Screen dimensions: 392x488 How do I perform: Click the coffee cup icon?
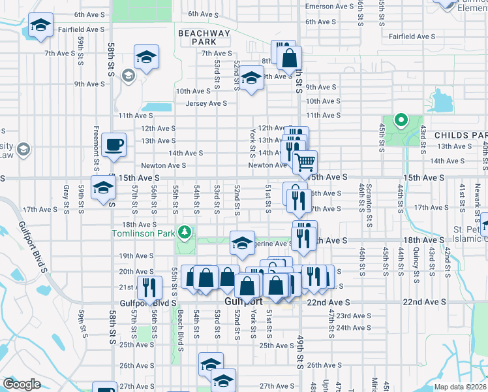[x=115, y=144]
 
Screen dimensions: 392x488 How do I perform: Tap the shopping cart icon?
[x=305, y=161]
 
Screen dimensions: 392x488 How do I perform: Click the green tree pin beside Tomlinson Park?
[x=185, y=232]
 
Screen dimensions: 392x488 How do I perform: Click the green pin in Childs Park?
[x=401, y=120]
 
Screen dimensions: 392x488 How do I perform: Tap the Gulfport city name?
[x=243, y=302]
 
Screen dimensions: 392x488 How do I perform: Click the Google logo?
[x=22, y=384]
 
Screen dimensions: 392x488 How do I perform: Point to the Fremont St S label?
[x=97, y=146]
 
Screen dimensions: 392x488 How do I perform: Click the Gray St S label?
[x=66, y=199]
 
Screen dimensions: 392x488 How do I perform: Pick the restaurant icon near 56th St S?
[x=149, y=288]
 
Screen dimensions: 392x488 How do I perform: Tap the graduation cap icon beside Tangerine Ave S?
[x=242, y=243]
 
